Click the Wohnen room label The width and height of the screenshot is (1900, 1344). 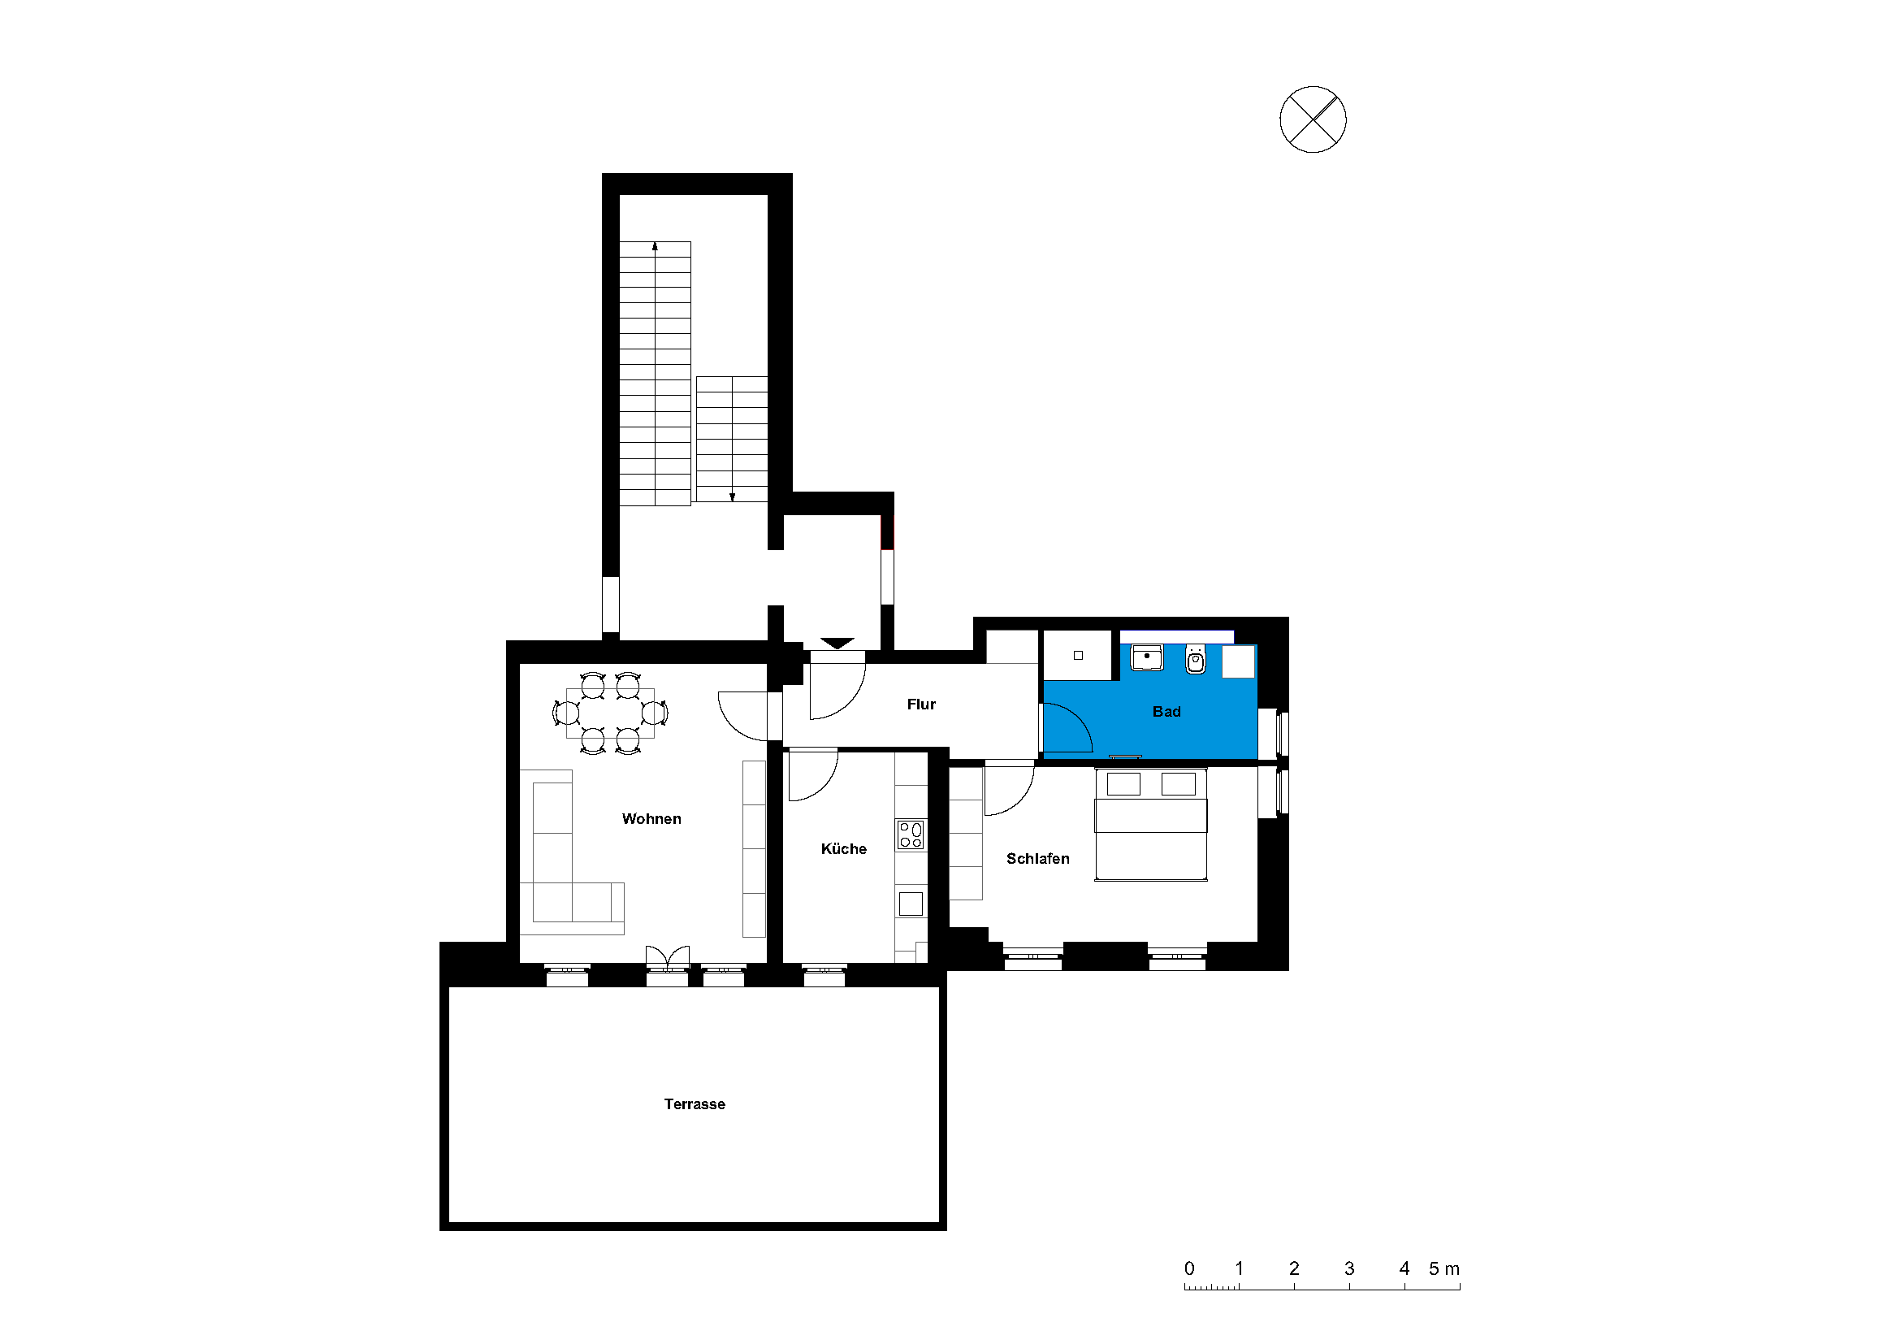[x=651, y=818]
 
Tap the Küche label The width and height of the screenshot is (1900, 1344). [x=843, y=848]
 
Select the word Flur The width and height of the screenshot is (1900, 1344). [x=921, y=705]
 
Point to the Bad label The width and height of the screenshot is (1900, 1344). [x=1166, y=712]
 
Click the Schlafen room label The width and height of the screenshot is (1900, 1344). [x=1037, y=859]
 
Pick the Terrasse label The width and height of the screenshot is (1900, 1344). [x=695, y=1104]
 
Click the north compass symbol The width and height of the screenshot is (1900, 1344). [x=1313, y=119]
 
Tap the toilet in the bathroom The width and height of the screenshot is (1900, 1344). [x=1195, y=660]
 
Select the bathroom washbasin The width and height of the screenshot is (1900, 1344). [x=1147, y=658]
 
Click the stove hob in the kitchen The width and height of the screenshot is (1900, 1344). [x=911, y=835]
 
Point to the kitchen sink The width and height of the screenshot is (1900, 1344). [x=911, y=904]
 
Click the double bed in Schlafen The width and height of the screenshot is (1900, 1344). [x=1150, y=824]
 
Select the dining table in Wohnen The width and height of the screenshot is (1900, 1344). [x=610, y=713]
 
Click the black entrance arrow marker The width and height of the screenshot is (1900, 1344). [x=837, y=643]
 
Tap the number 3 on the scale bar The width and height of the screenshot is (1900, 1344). [x=1349, y=1268]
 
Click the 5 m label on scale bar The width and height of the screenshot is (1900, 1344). [x=1444, y=1268]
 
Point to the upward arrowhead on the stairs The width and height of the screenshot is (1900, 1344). [x=655, y=245]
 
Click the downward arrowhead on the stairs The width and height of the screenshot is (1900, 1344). [x=732, y=497]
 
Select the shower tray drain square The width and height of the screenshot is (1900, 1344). [x=1077, y=656]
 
